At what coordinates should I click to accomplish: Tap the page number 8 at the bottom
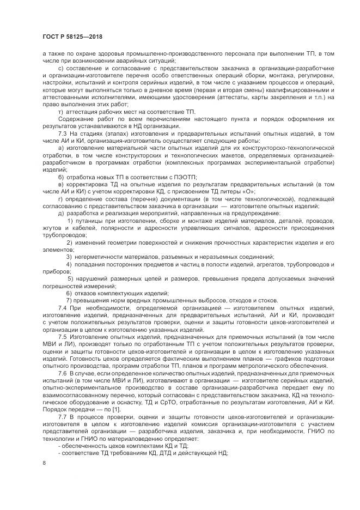click(44, 463)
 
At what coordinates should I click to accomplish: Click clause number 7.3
click(62, 134)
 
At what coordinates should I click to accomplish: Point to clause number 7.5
click(62, 338)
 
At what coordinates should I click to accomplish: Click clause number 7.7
click(62, 417)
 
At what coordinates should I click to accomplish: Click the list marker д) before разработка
click(60, 212)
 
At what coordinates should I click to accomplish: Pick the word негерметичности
click(100, 256)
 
